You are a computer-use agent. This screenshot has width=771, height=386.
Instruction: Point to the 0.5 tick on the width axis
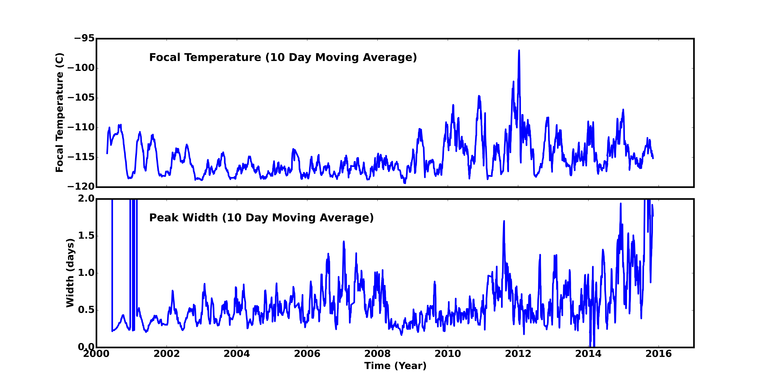click(86, 310)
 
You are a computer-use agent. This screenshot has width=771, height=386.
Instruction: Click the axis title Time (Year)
click(395, 366)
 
